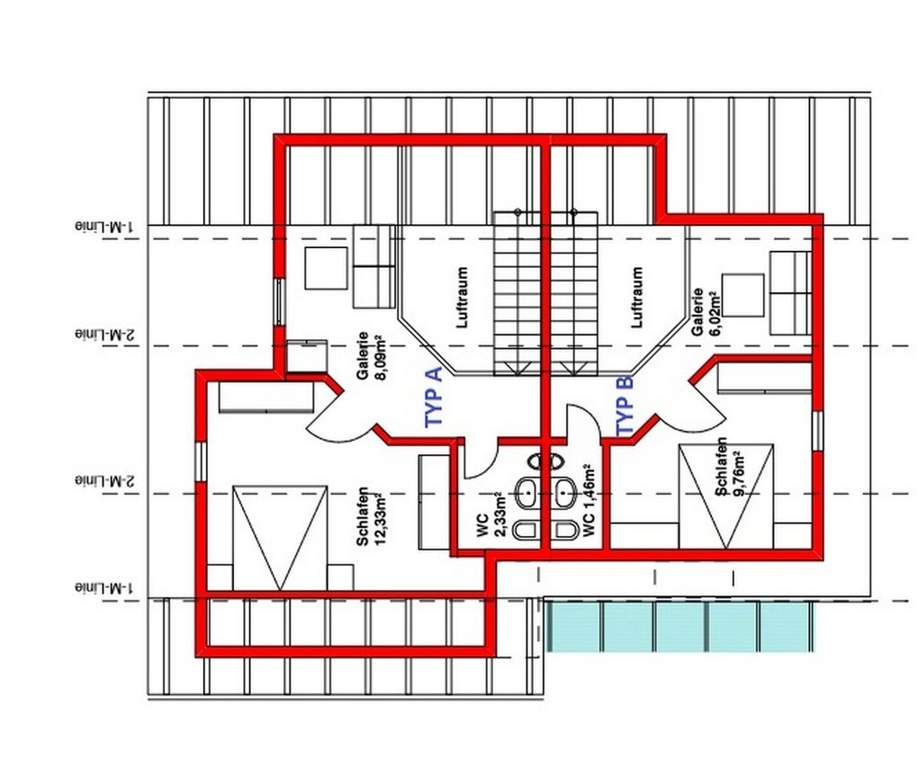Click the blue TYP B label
625,406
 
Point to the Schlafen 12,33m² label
370,516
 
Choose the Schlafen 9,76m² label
729,468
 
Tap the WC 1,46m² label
589,501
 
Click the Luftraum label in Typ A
463,297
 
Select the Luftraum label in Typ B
636,297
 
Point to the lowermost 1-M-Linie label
104,586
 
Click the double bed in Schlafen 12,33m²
280,538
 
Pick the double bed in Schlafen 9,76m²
726,496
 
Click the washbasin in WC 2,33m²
527,493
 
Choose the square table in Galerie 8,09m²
326,269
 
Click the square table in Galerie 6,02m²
742,296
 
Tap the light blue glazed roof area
679,627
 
